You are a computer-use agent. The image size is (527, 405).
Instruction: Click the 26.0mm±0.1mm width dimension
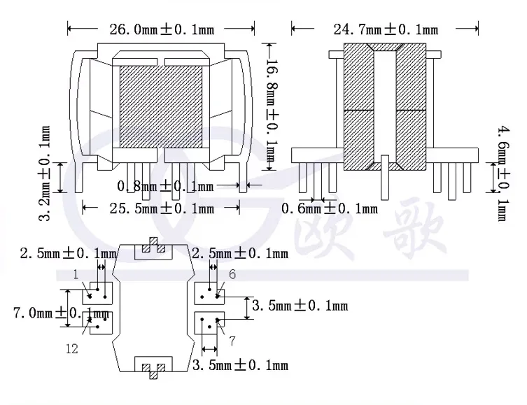coord(162,29)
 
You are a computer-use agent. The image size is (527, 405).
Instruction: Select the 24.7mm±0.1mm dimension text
coord(386,29)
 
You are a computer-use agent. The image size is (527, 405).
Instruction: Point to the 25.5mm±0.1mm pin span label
coord(162,209)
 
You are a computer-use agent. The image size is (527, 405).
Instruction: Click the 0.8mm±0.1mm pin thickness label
coord(165,186)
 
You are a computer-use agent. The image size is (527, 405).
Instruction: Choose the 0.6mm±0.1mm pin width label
coord(330,209)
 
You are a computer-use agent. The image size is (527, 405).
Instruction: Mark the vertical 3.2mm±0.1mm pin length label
coord(44,173)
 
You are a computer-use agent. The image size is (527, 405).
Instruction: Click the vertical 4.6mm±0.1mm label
coord(503,173)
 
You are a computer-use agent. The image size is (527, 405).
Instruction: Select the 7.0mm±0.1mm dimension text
coord(61,313)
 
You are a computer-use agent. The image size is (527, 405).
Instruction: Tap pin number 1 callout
coord(76,275)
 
